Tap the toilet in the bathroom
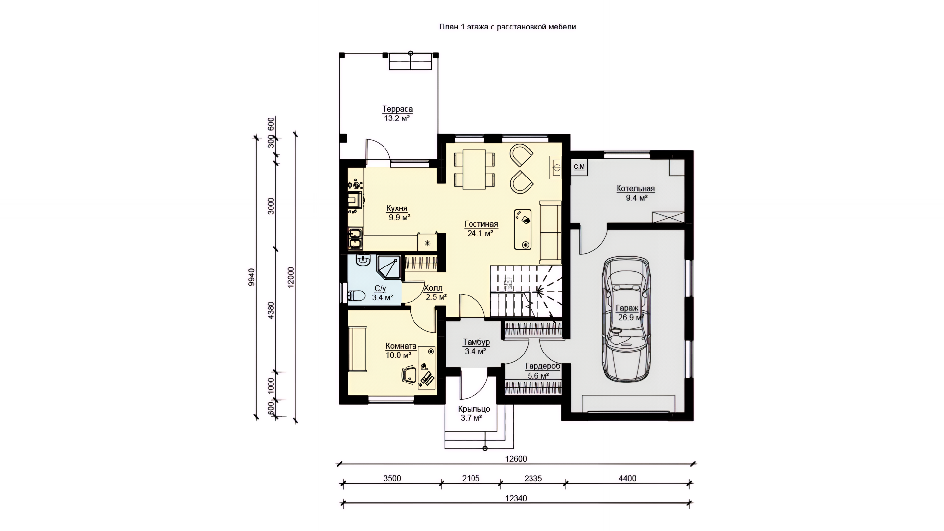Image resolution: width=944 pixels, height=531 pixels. click(356, 295)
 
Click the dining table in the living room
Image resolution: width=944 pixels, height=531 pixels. click(474, 169)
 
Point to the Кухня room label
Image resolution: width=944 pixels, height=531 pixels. click(397, 208)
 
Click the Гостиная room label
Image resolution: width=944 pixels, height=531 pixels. click(481, 225)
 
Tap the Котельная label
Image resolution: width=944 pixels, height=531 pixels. click(636, 189)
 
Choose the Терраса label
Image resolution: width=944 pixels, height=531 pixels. click(397, 109)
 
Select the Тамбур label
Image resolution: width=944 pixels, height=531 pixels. click(476, 342)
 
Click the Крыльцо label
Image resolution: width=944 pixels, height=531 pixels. click(474, 409)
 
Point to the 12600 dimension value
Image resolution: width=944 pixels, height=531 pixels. click(516, 459)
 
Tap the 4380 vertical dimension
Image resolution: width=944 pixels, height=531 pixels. click(271, 310)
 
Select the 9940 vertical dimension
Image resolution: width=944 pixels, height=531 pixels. click(252, 277)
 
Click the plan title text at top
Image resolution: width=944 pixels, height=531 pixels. click(507, 27)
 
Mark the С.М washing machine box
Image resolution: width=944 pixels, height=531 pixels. click(579, 167)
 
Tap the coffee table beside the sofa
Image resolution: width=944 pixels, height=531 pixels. click(523, 230)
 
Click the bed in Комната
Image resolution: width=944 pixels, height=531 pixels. click(357, 350)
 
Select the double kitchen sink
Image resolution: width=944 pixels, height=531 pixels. click(355, 238)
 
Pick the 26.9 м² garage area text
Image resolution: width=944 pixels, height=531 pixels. click(631, 318)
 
